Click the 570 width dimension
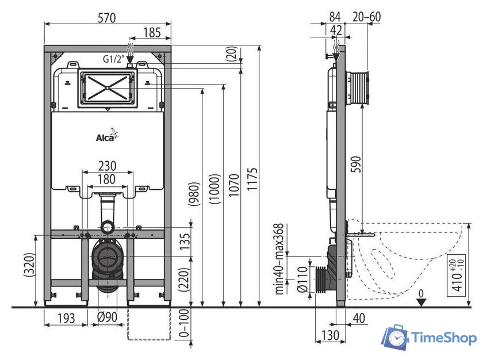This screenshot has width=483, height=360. (x=107, y=18)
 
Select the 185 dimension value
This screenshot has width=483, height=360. (x=152, y=32)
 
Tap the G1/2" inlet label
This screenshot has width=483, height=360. (x=113, y=59)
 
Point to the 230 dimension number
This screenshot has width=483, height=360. (x=107, y=166)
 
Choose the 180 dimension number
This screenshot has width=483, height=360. (x=106, y=179)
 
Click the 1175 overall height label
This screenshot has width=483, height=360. (x=252, y=179)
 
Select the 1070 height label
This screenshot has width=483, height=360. (x=234, y=185)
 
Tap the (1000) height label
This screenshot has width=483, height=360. (x=214, y=189)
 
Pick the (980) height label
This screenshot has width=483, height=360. (x=194, y=194)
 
